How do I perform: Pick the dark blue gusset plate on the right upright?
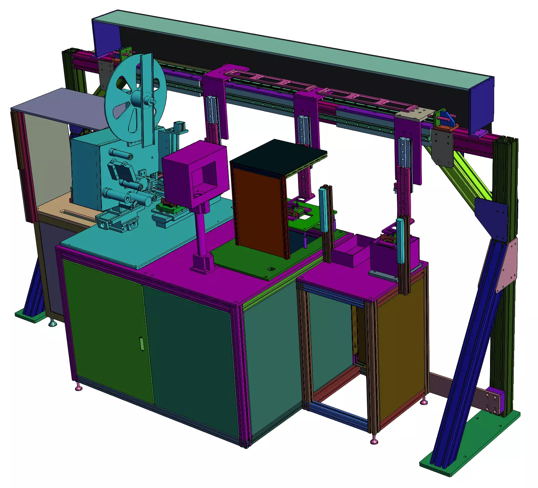tap(491, 217)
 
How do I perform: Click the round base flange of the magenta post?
tap(204, 264)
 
